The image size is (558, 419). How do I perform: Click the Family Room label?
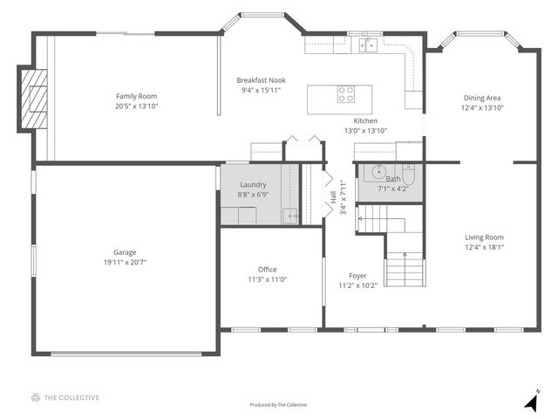136,96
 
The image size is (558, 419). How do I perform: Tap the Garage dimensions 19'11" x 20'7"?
125,262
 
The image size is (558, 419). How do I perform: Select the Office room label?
268,270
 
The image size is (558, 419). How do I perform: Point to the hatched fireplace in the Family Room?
34,99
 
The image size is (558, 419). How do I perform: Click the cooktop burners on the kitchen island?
346,94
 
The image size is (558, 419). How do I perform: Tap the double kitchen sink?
368,45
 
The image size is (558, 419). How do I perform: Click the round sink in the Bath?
379,172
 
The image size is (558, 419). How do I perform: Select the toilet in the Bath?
408,175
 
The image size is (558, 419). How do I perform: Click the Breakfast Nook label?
262,80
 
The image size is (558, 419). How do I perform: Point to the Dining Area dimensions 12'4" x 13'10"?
482,107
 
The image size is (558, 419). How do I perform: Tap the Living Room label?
485,237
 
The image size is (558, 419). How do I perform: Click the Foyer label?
357,276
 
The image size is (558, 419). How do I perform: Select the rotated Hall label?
333,197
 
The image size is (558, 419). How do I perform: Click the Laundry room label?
253,184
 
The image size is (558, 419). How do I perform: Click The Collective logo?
65,398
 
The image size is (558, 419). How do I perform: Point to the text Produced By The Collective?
279,405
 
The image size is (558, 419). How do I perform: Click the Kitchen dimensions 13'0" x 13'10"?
365,130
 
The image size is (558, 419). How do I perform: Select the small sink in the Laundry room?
290,216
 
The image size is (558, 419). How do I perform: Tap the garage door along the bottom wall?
126,354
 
